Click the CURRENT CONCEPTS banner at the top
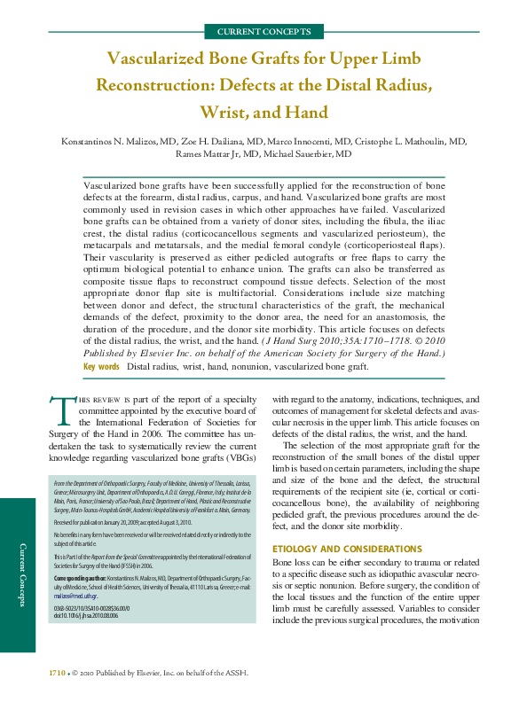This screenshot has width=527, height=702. click(x=263, y=32)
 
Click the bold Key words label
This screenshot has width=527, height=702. click(x=101, y=366)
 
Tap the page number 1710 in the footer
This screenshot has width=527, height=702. click(x=57, y=675)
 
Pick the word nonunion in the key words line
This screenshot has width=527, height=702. click(x=241, y=366)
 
